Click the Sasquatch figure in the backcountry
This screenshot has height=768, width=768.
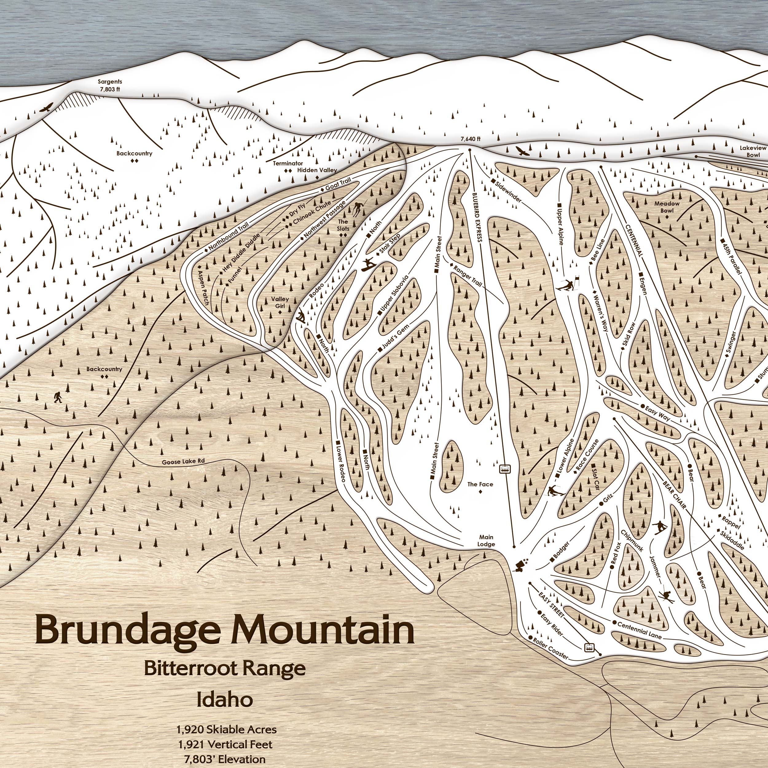click(x=58, y=397)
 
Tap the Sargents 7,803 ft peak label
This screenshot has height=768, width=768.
click(x=110, y=85)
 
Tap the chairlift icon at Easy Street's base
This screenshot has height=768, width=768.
click(x=590, y=648)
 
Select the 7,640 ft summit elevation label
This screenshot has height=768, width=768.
click(x=470, y=139)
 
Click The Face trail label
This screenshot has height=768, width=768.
click(x=480, y=484)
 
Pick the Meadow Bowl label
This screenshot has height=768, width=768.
click(x=667, y=207)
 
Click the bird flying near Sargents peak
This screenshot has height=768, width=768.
click(x=47, y=108)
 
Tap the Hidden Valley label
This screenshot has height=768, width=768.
click(x=317, y=170)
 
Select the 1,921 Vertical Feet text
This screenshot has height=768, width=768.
click(x=225, y=744)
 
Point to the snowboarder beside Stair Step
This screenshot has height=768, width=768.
click(x=368, y=265)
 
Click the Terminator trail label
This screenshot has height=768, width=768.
click(x=288, y=163)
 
